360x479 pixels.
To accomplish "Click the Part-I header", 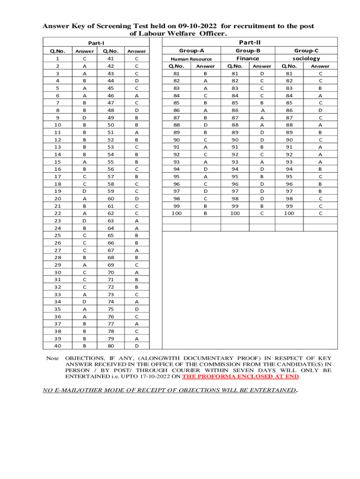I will click(96, 43).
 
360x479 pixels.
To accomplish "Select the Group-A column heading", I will click(191, 51).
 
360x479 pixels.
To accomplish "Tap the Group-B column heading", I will click(248, 51).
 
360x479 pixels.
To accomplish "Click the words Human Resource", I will click(191, 59).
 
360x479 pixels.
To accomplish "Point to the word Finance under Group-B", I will click(248, 58).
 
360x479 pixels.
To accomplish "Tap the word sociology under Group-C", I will click(306, 58).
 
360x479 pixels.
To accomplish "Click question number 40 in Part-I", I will click(58, 346).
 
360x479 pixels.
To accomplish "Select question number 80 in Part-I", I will click(111, 346).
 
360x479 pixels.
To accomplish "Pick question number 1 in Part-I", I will click(58, 59).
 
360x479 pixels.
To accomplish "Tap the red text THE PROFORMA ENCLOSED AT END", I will click(241, 376).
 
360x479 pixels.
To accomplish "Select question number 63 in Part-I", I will click(111, 220).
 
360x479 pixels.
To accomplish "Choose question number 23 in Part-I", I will click(58, 220).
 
